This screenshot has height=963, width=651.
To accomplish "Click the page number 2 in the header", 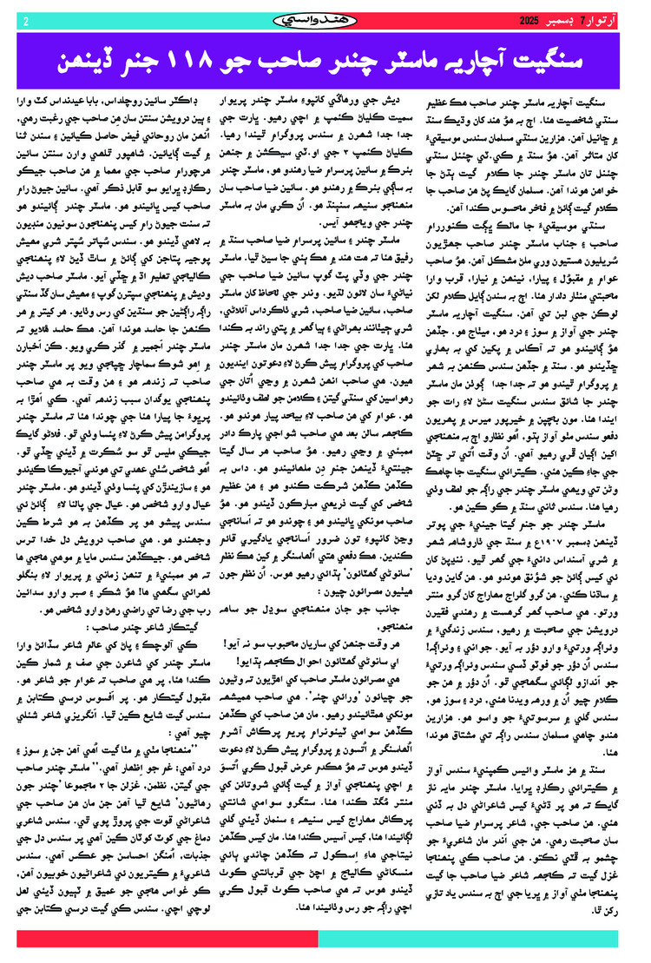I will tap(26, 20).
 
